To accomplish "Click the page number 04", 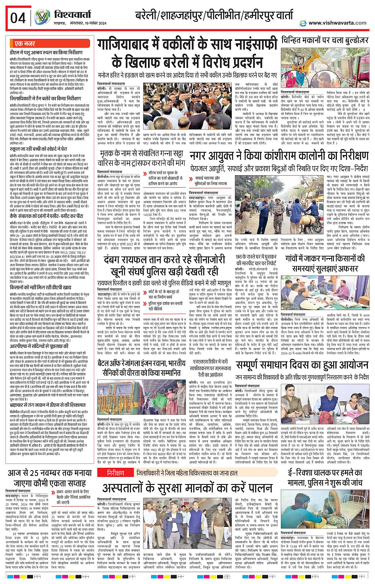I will pyautogui.click(x=18, y=18).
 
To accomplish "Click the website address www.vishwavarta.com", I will pyautogui.click(x=337, y=23).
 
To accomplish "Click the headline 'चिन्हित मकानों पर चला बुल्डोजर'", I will pyautogui.click(x=325, y=41).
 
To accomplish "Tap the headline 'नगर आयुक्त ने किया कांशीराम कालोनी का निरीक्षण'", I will pyautogui.click(x=279, y=155).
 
